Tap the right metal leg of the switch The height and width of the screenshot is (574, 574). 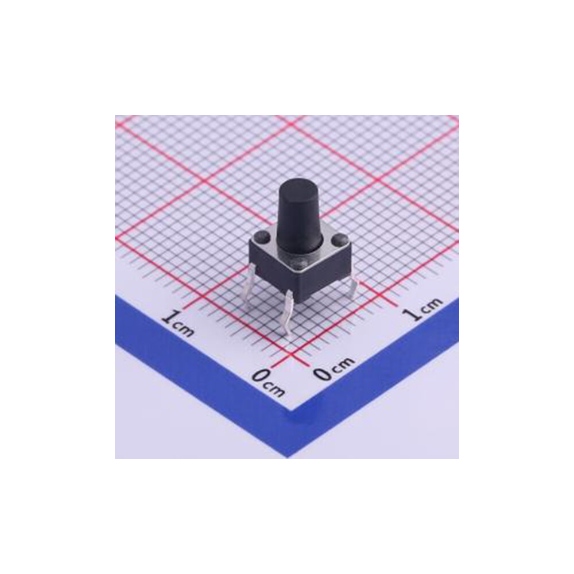click(x=351, y=287)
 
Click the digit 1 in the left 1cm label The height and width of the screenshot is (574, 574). click(x=169, y=317)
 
